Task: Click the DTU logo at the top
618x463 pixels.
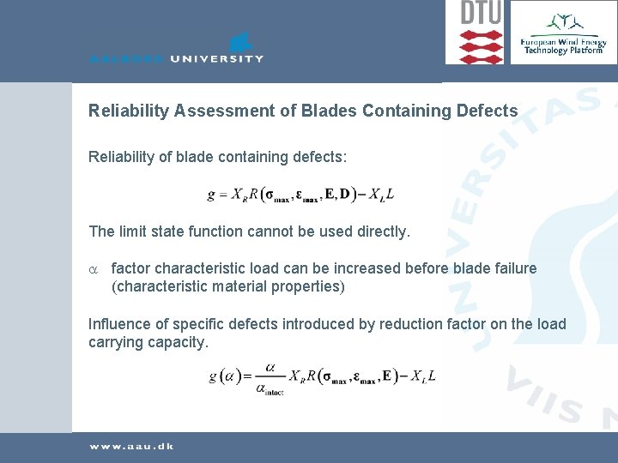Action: point(481,32)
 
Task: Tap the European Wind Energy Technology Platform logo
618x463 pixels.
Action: point(562,34)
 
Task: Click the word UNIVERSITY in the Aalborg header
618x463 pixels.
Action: point(216,58)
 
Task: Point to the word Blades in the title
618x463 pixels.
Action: point(331,111)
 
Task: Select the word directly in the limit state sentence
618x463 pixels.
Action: point(383,231)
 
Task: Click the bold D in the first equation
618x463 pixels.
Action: point(344,195)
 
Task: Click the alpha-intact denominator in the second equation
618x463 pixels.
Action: point(270,389)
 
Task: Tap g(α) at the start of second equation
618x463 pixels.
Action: point(225,376)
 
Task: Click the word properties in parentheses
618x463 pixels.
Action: point(309,286)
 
